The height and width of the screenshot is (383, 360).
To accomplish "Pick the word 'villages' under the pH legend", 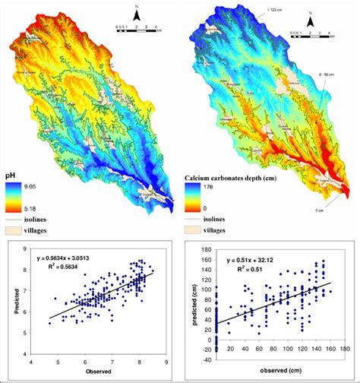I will [50, 228].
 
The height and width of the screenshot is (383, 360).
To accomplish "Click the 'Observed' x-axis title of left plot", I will [99, 373].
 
